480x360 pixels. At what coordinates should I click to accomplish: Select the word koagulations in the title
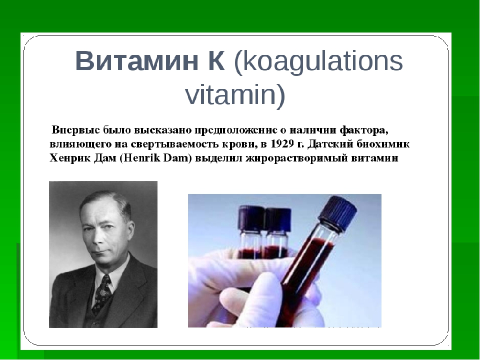pyautogui.click(x=318, y=62)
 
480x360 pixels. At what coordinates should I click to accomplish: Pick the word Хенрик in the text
pyautogui.click(x=67, y=158)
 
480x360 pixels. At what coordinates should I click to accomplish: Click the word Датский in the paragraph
pyautogui.click(x=325, y=144)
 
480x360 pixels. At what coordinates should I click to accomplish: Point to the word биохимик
pyautogui.click(x=379, y=144)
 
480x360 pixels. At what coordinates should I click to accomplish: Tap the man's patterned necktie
pyautogui.click(x=101, y=293)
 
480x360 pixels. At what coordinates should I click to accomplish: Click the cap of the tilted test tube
pyautogui.click(x=337, y=213)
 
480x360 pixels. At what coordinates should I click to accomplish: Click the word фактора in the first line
pyautogui.click(x=364, y=130)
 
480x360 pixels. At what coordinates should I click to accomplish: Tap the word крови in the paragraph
pyautogui.click(x=245, y=144)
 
